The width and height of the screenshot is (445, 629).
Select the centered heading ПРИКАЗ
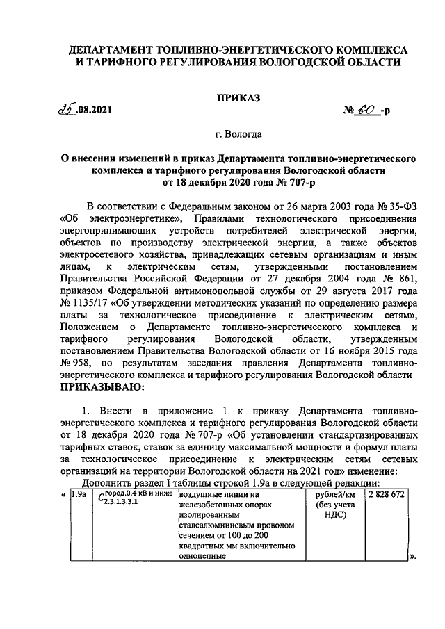point(238,99)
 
